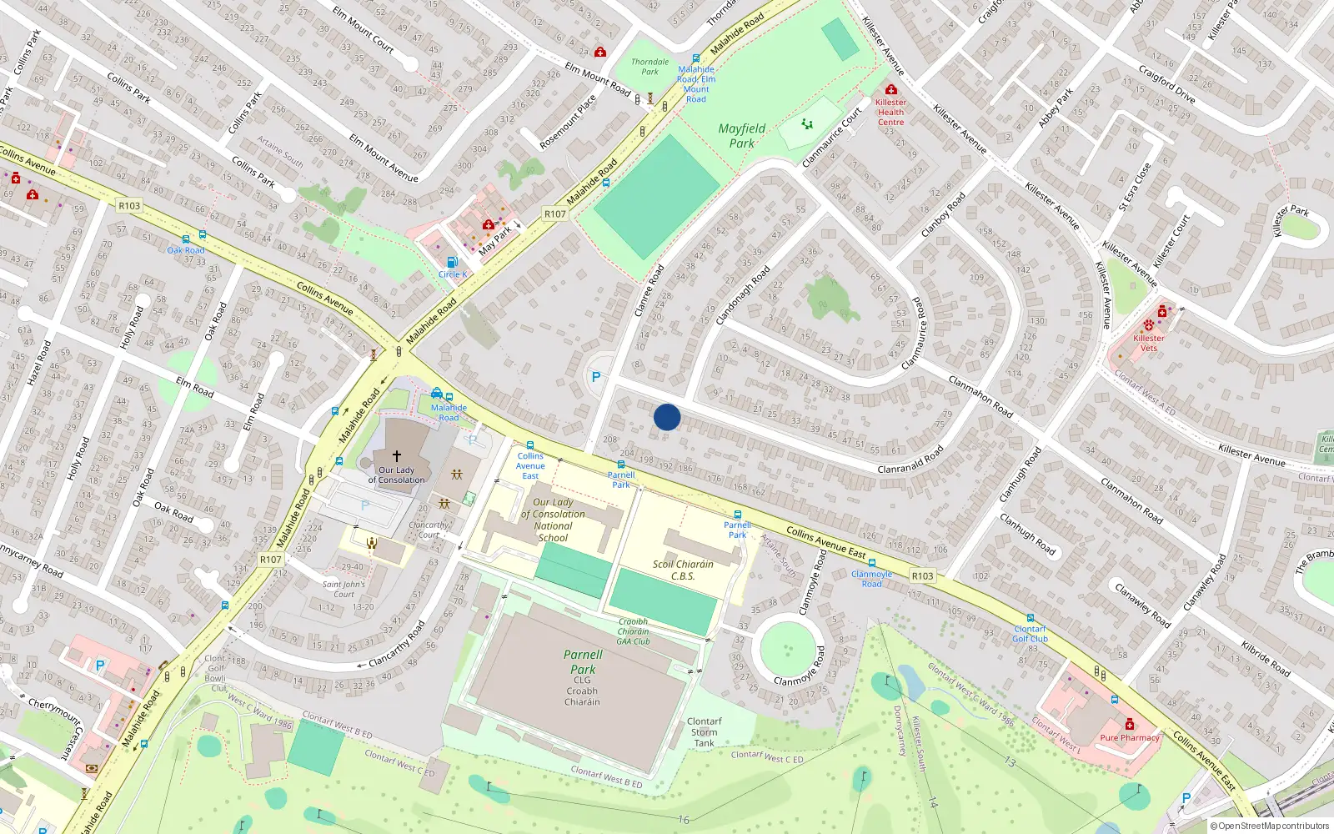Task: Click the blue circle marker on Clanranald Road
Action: (x=667, y=417)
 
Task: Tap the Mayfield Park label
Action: (x=742, y=136)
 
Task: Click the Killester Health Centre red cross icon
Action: (x=890, y=90)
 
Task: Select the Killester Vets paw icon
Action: (x=1149, y=324)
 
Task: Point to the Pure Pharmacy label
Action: (x=1129, y=737)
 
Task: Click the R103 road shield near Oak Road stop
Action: (x=129, y=206)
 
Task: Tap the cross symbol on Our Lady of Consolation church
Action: (x=397, y=456)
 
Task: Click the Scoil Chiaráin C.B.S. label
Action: (x=683, y=570)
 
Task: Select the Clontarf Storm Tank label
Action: (x=705, y=732)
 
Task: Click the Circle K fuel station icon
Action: (x=452, y=262)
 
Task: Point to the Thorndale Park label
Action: (x=649, y=67)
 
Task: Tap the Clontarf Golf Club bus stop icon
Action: (x=1031, y=619)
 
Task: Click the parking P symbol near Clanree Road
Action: (x=595, y=377)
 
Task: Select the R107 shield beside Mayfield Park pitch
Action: (x=555, y=214)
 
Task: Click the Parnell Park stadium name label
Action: (x=583, y=661)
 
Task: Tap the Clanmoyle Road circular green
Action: (x=787, y=646)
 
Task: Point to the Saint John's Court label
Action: (x=344, y=589)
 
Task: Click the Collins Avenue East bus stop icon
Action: (x=530, y=446)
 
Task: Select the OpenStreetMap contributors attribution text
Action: (x=1270, y=826)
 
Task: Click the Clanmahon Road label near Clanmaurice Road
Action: (x=980, y=396)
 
